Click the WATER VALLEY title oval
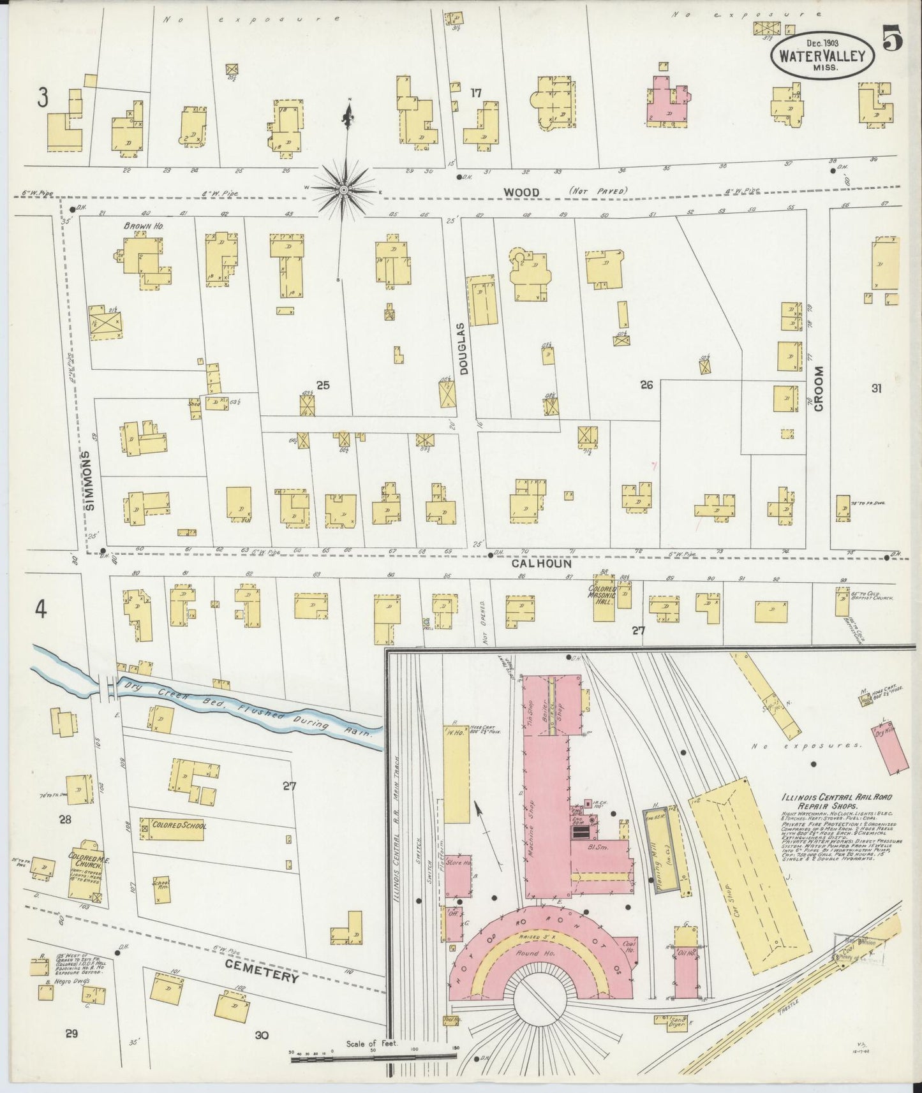click(x=821, y=55)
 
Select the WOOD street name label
click(x=521, y=192)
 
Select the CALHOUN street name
click(x=540, y=564)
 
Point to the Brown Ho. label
click(x=141, y=226)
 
